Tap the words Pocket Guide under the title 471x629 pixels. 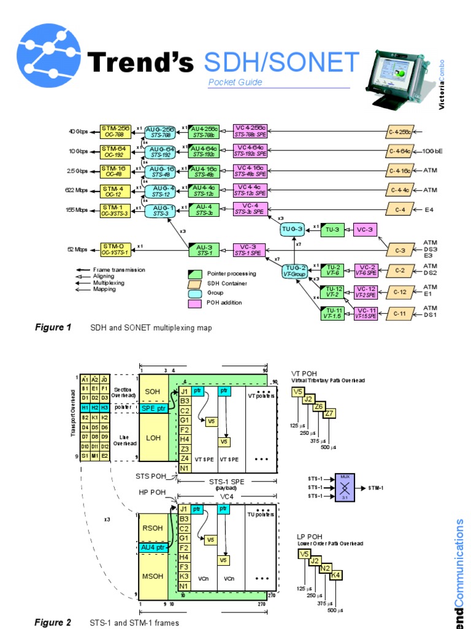(235, 82)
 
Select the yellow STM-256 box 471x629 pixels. (116, 131)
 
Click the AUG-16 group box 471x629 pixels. (161, 171)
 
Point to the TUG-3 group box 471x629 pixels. (292, 230)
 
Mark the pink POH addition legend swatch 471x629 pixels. (195, 302)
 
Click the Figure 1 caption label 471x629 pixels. (53, 327)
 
